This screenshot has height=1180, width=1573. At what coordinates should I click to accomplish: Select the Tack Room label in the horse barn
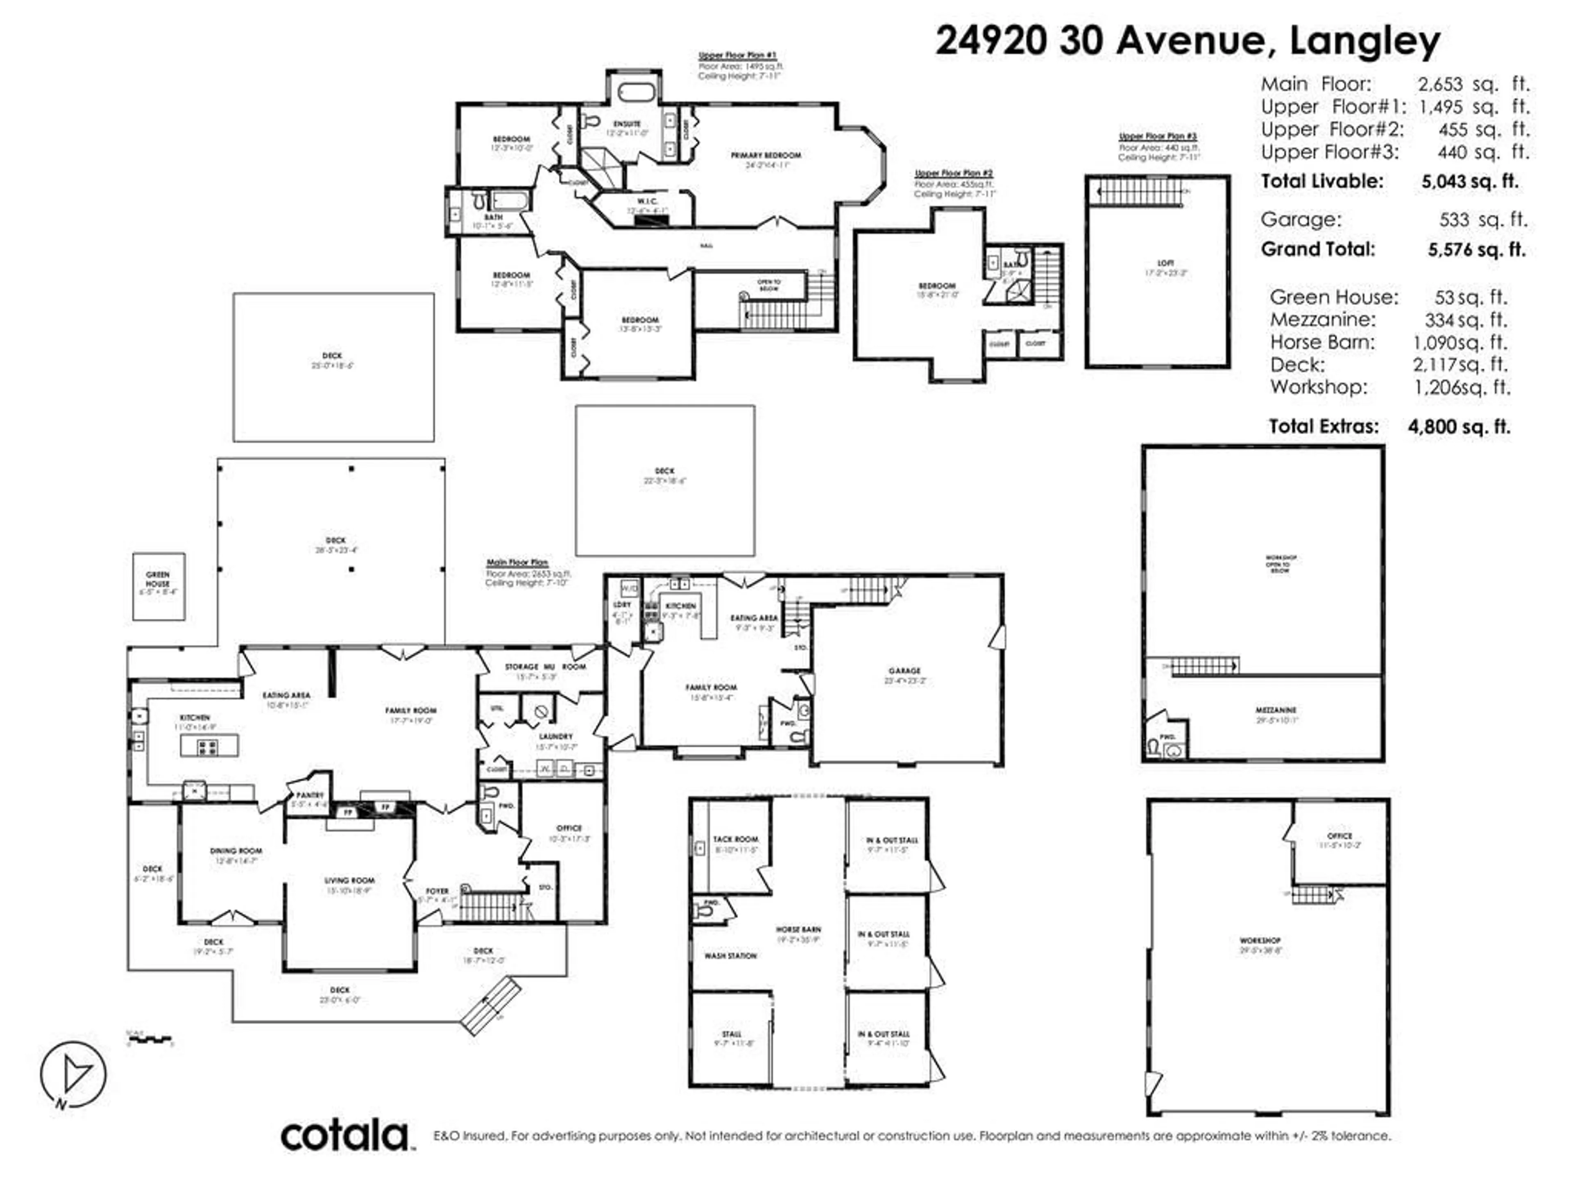(736, 839)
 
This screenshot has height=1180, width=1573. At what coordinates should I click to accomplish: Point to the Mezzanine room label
(1276, 710)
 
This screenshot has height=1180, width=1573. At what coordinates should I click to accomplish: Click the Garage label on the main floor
(904, 671)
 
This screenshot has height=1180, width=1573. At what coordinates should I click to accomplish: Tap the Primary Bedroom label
(766, 155)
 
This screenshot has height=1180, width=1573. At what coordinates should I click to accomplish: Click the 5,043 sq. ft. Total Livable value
(1469, 182)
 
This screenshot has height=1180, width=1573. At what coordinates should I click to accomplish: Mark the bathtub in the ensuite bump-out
(634, 93)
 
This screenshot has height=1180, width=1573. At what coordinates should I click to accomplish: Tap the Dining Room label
(236, 851)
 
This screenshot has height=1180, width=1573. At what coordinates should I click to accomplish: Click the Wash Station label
(730, 956)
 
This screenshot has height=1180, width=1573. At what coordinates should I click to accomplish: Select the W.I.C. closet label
(647, 201)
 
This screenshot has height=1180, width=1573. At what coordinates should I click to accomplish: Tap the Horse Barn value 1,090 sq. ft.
(1459, 342)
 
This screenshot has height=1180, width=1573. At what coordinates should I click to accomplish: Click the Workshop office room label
(1340, 836)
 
